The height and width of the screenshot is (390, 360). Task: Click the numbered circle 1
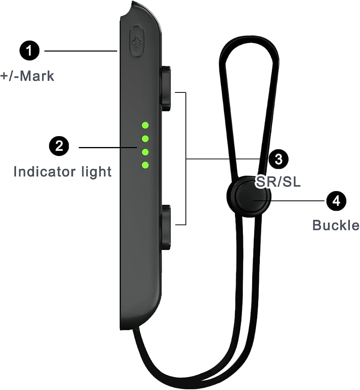[29, 50]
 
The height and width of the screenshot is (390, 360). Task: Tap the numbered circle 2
[59, 146]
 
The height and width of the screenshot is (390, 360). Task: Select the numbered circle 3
[278, 159]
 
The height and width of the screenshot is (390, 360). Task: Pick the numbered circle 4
[336, 201]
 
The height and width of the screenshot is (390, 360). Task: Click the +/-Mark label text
[27, 76]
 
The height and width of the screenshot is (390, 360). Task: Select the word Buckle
[336, 225]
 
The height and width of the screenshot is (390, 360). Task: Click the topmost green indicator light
[145, 125]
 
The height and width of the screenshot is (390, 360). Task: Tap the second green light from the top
[145, 138]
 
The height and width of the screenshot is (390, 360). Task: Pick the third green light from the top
[145, 152]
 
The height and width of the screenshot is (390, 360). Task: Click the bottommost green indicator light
[145, 165]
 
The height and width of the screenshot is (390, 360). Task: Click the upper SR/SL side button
[166, 88]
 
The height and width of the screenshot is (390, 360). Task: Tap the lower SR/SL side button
[166, 227]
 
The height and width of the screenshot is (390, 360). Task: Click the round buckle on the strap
[248, 197]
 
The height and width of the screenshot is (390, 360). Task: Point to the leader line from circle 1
[81, 51]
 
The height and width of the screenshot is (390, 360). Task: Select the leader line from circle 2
[108, 147]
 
